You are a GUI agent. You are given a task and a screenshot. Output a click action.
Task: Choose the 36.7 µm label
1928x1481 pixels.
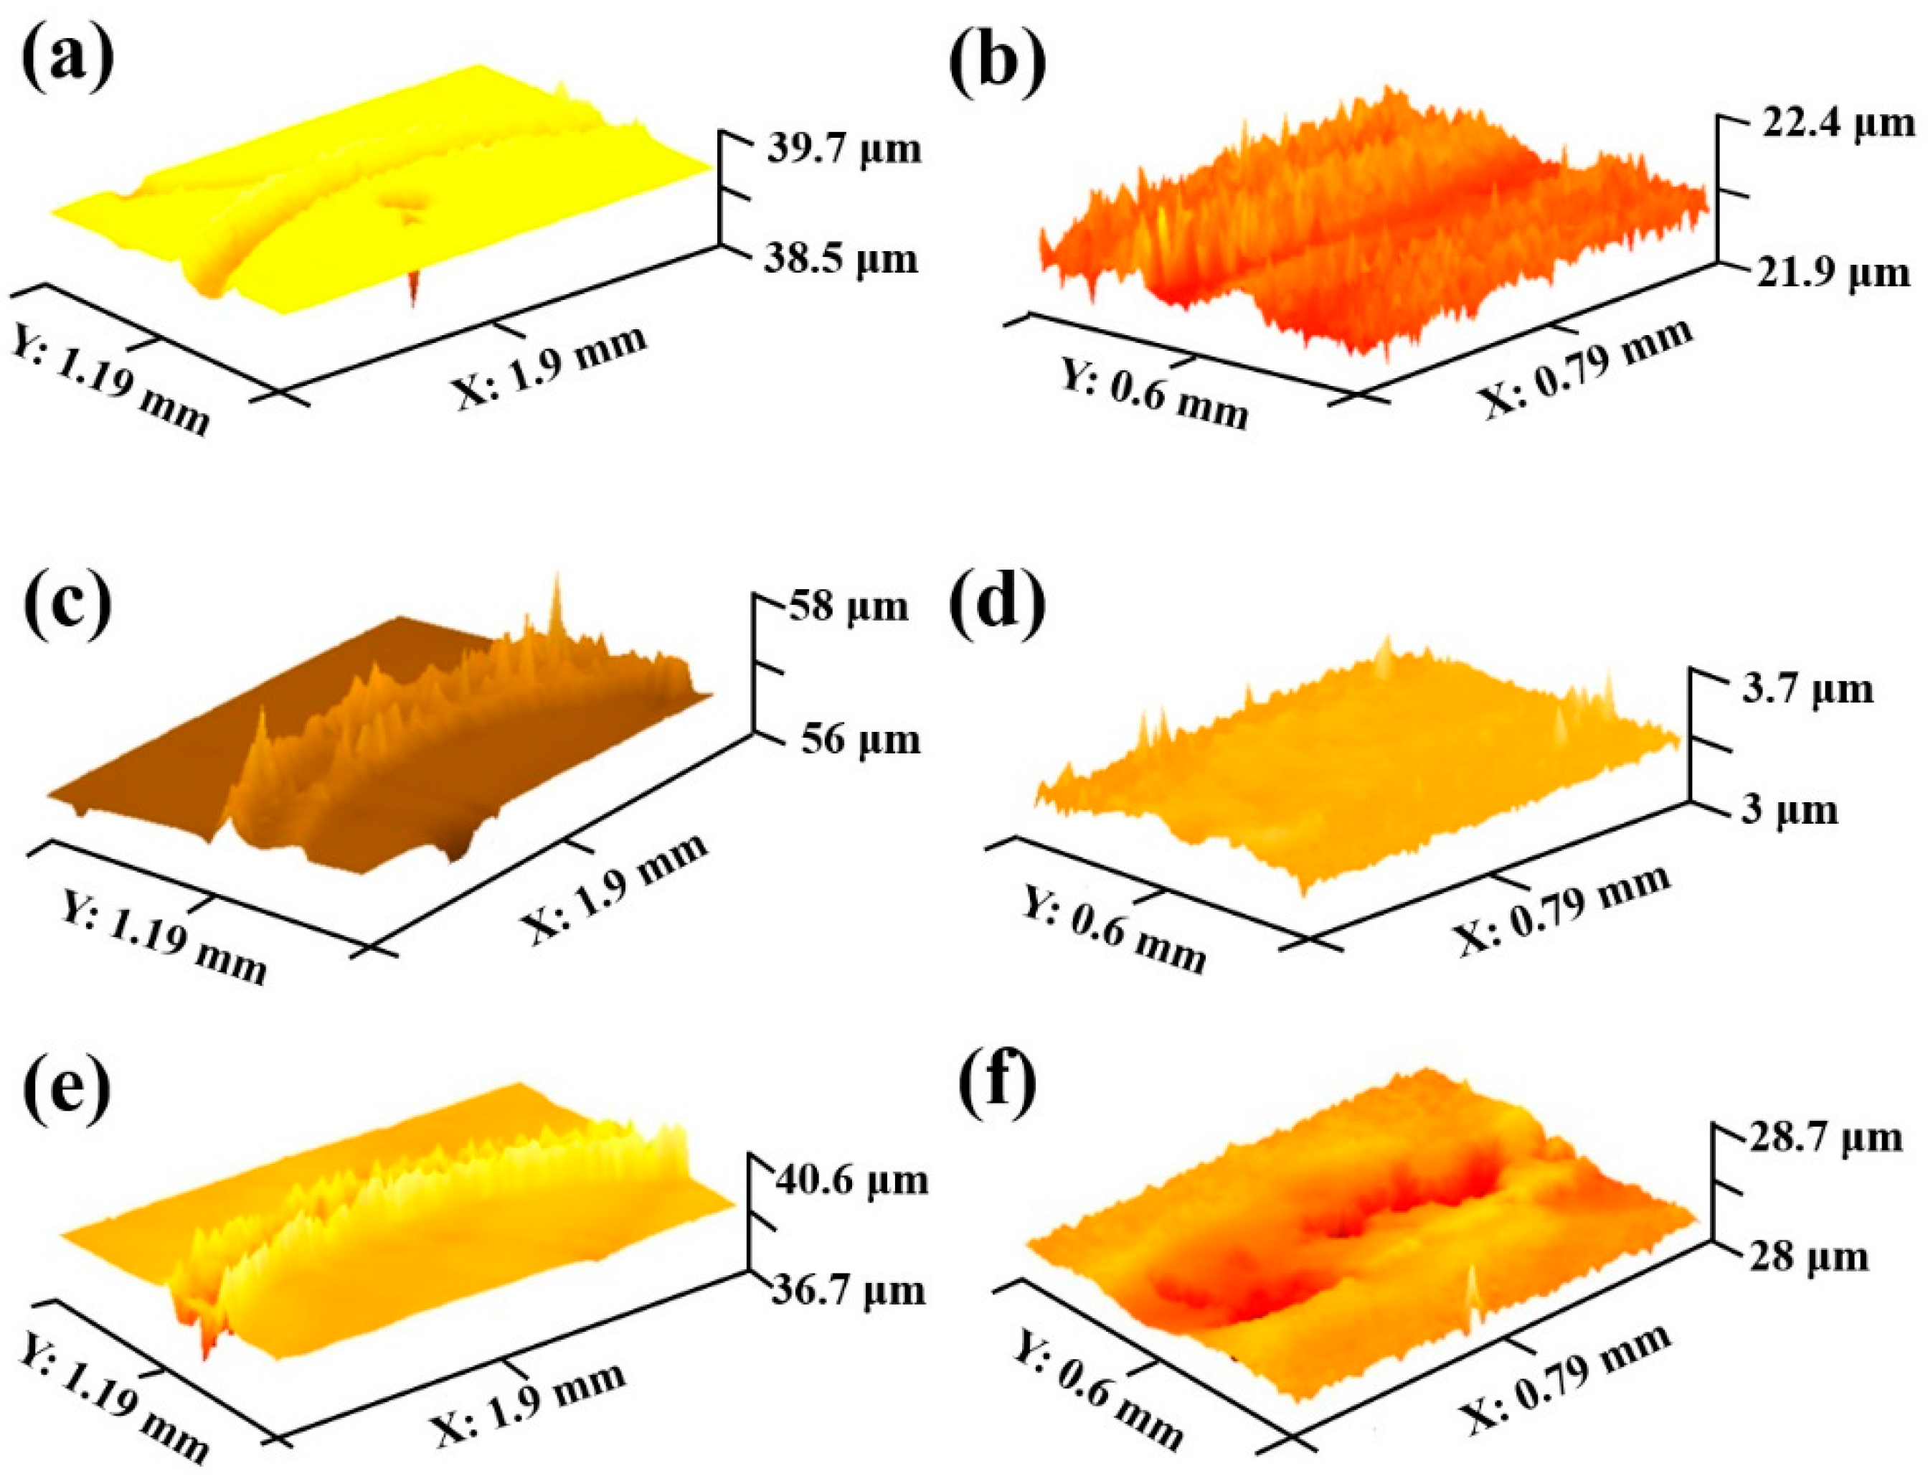849,1289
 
